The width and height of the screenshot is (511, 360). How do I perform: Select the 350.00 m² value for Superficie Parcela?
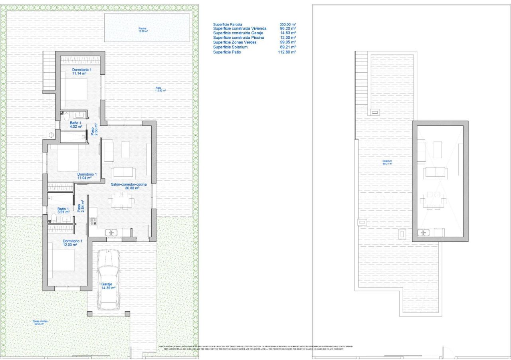pos(287,24)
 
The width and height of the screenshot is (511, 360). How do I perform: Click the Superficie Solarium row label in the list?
pos(230,47)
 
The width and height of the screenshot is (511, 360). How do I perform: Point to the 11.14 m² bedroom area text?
pos(79,73)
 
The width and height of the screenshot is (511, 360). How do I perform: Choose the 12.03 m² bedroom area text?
pos(70,245)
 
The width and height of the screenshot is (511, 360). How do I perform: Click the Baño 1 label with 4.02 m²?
pos(76,125)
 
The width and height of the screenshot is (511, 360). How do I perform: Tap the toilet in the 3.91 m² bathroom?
pos(54,218)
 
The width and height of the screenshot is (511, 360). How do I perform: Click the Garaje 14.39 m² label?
pos(108,286)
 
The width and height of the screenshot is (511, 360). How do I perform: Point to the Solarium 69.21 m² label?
pos(387,162)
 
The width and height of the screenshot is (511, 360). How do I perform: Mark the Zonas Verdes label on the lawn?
pos(40,322)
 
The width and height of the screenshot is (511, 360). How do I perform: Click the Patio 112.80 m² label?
pos(160,89)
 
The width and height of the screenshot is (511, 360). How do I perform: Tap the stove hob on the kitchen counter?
pos(93,221)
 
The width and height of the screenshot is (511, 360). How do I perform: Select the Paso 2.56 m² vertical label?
pos(94,129)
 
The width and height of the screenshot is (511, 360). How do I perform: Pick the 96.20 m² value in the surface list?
pos(287,29)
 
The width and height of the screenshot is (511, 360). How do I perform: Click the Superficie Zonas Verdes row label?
pos(235,42)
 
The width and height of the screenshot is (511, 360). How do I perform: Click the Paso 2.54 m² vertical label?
pos(81,206)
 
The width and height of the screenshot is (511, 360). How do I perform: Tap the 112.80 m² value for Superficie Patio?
pos(287,52)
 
